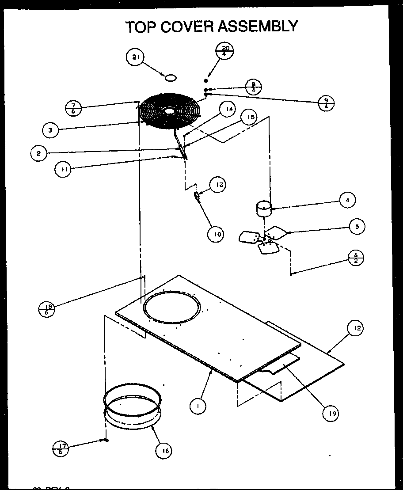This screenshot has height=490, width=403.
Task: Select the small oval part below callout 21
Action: click(x=171, y=78)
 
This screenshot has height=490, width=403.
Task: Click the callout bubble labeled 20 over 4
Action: click(x=224, y=51)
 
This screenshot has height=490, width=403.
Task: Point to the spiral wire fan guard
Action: click(x=169, y=111)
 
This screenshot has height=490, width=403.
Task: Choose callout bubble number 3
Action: click(x=51, y=130)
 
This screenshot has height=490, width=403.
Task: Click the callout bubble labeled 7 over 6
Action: click(x=72, y=108)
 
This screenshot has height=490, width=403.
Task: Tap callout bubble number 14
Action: click(x=227, y=110)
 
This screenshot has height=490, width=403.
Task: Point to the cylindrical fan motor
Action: click(x=264, y=208)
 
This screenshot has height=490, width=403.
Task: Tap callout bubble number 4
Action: click(x=348, y=200)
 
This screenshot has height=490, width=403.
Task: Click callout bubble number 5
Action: click(x=357, y=227)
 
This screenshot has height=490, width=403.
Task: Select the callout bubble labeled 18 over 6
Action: click(x=47, y=309)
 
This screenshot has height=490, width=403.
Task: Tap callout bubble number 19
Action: click(x=330, y=413)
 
